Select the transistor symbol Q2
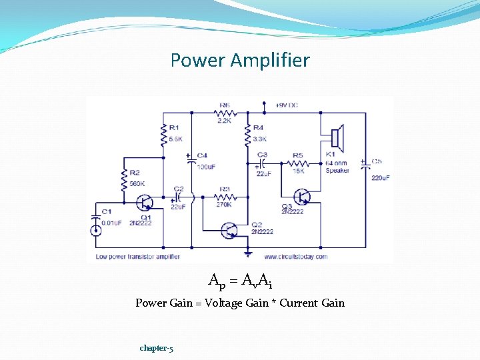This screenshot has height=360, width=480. [x=229, y=230]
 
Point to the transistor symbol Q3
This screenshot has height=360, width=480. [x=304, y=197]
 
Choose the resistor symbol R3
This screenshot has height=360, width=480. [x=225, y=197]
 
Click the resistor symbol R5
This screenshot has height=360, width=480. [x=297, y=163]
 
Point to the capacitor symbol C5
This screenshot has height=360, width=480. [x=365, y=166]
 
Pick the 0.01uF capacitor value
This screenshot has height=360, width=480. [x=111, y=223]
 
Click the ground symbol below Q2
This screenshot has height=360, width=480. [x=247, y=253]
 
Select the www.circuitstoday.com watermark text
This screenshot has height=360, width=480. [x=295, y=257]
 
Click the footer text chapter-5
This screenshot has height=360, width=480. [x=157, y=348]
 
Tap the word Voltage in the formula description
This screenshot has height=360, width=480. [x=224, y=303]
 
